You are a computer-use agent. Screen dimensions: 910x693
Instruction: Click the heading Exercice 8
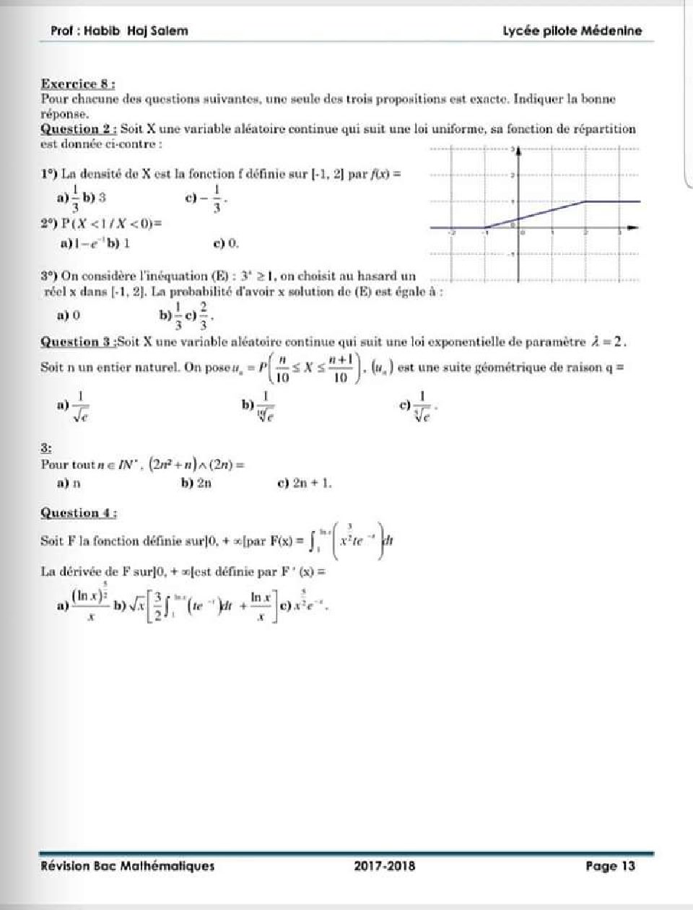click(79, 84)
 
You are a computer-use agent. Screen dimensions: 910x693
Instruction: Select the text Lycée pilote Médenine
click(572, 30)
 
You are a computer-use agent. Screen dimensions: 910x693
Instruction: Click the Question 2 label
click(79, 129)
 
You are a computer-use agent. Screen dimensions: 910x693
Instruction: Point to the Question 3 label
click(79, 341)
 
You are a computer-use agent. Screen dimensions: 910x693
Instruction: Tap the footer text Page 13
click(610, 866)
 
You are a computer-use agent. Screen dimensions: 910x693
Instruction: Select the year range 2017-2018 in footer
click(385, 866)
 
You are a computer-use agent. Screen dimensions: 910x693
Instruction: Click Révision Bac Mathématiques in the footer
click(128, 866)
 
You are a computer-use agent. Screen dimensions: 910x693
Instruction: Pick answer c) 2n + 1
click(305, 484)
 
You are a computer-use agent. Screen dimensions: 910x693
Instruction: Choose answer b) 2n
click(196, 484)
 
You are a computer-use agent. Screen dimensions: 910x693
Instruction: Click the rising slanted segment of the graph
click(534, 214)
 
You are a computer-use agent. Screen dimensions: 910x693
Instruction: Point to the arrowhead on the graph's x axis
click(633, 228)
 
